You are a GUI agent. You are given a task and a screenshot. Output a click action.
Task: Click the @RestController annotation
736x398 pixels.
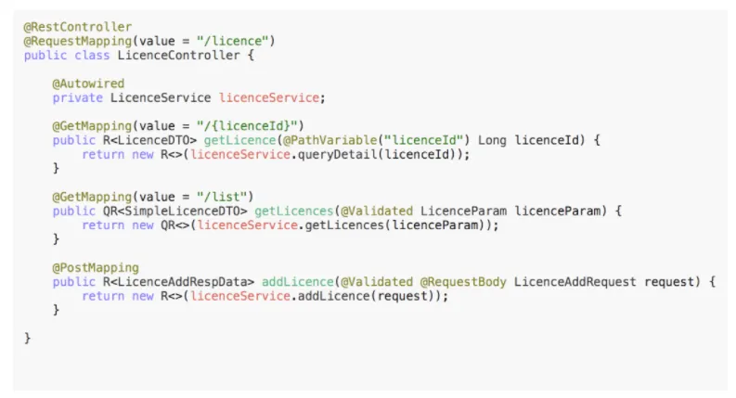77,27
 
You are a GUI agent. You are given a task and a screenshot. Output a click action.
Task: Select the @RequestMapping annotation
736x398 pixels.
77,42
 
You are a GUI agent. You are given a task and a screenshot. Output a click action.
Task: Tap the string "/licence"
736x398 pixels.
232,41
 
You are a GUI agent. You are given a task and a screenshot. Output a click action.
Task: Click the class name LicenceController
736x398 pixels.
178,56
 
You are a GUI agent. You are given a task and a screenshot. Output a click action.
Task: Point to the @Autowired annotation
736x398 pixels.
88,83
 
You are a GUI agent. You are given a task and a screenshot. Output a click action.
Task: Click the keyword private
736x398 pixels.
77,97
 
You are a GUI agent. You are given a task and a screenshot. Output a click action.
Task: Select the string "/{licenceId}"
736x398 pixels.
247,126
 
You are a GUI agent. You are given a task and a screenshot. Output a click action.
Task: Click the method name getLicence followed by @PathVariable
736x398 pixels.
239,140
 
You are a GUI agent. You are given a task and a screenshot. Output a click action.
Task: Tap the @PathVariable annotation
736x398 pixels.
329,140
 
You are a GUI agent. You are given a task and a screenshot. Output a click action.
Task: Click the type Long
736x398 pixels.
492,140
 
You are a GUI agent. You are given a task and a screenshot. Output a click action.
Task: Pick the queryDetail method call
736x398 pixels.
337,154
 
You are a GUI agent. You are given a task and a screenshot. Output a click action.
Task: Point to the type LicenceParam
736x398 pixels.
463,211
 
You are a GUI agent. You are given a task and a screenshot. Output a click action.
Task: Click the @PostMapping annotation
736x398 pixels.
96,267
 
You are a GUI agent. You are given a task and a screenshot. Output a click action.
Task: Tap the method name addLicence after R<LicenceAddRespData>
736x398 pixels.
297,282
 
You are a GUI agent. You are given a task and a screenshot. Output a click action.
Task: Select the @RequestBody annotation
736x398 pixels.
463,282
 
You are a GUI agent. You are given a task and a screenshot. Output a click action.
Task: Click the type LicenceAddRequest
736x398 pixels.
575,282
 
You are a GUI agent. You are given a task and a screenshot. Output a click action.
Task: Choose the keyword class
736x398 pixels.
92,56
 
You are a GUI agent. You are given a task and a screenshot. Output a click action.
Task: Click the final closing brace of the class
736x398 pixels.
27,338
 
